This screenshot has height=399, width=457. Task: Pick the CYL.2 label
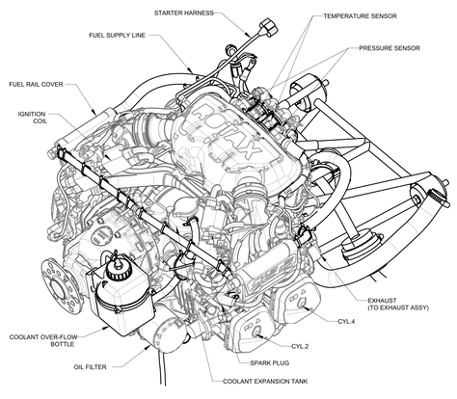[300, 345]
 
